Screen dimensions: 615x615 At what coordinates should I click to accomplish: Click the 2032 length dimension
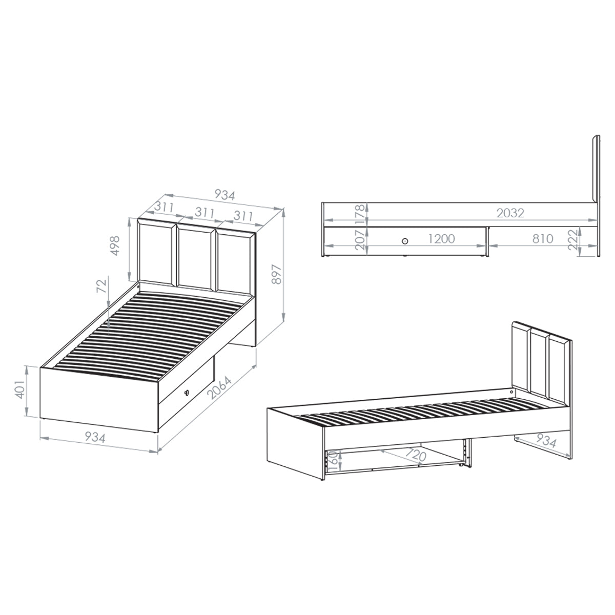click(510, 213)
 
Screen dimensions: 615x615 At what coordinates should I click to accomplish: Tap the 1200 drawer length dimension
click(441, 239)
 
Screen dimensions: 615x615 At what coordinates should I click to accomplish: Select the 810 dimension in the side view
click(543, 239)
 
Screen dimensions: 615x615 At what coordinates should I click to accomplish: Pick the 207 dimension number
click(360, 239)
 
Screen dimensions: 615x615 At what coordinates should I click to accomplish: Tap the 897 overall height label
click(276, 274)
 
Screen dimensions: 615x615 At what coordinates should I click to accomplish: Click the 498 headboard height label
click(115, 246)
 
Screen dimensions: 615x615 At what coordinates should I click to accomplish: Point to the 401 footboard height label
click(20, 389)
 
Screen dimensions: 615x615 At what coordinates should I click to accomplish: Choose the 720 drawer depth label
click(415, 455)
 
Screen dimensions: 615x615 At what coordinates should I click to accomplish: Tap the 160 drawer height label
click(333, 461)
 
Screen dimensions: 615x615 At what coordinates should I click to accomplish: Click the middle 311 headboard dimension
click(204, 213)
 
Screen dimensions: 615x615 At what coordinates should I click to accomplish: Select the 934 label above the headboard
click(224, 195)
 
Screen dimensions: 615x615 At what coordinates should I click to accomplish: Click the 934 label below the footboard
click(95, 437)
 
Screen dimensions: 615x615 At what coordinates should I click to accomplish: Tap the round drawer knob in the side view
click(405, 241)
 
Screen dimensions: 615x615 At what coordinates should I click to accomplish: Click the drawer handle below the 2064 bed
click(187, 393)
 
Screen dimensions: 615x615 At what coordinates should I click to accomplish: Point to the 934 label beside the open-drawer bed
click(546, 441)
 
